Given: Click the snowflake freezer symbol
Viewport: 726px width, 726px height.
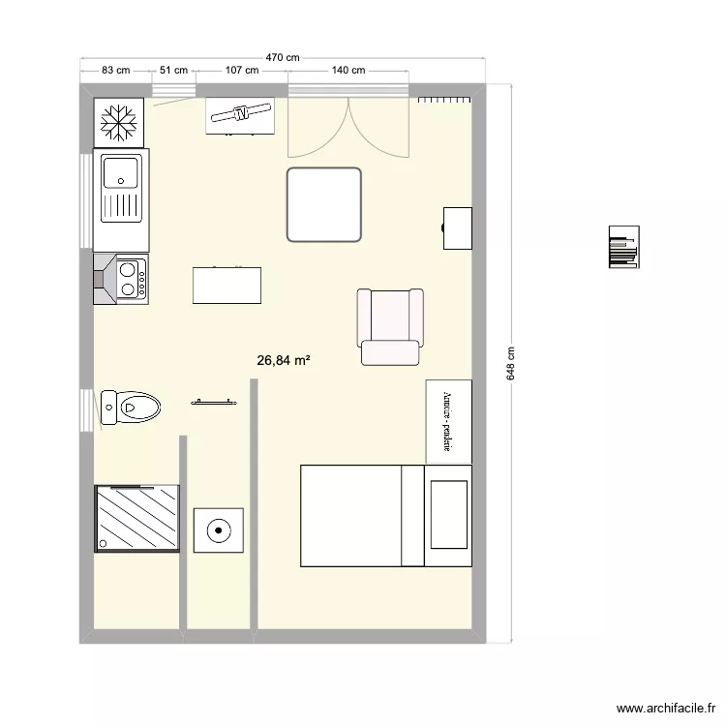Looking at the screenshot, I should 119,121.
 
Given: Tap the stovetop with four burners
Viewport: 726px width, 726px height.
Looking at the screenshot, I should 130,277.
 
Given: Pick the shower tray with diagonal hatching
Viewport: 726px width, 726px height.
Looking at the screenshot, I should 137,518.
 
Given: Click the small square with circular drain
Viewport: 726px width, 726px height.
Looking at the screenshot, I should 218,529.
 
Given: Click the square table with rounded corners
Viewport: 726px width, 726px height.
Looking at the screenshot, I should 324,203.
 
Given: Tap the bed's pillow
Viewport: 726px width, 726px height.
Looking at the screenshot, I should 447,515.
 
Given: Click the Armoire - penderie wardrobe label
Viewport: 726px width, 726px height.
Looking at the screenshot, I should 448,421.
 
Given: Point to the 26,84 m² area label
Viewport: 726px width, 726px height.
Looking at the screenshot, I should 284,360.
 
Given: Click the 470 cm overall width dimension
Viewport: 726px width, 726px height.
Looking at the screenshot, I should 282,58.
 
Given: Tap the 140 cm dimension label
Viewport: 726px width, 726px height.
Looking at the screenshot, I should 348,70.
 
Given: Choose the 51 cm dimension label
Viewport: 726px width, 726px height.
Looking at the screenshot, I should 174,70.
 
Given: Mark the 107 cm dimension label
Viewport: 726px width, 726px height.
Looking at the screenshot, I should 241,70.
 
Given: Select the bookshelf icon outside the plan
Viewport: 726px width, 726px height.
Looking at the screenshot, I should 622,248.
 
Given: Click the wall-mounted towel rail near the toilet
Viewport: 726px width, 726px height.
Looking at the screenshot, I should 214,400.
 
